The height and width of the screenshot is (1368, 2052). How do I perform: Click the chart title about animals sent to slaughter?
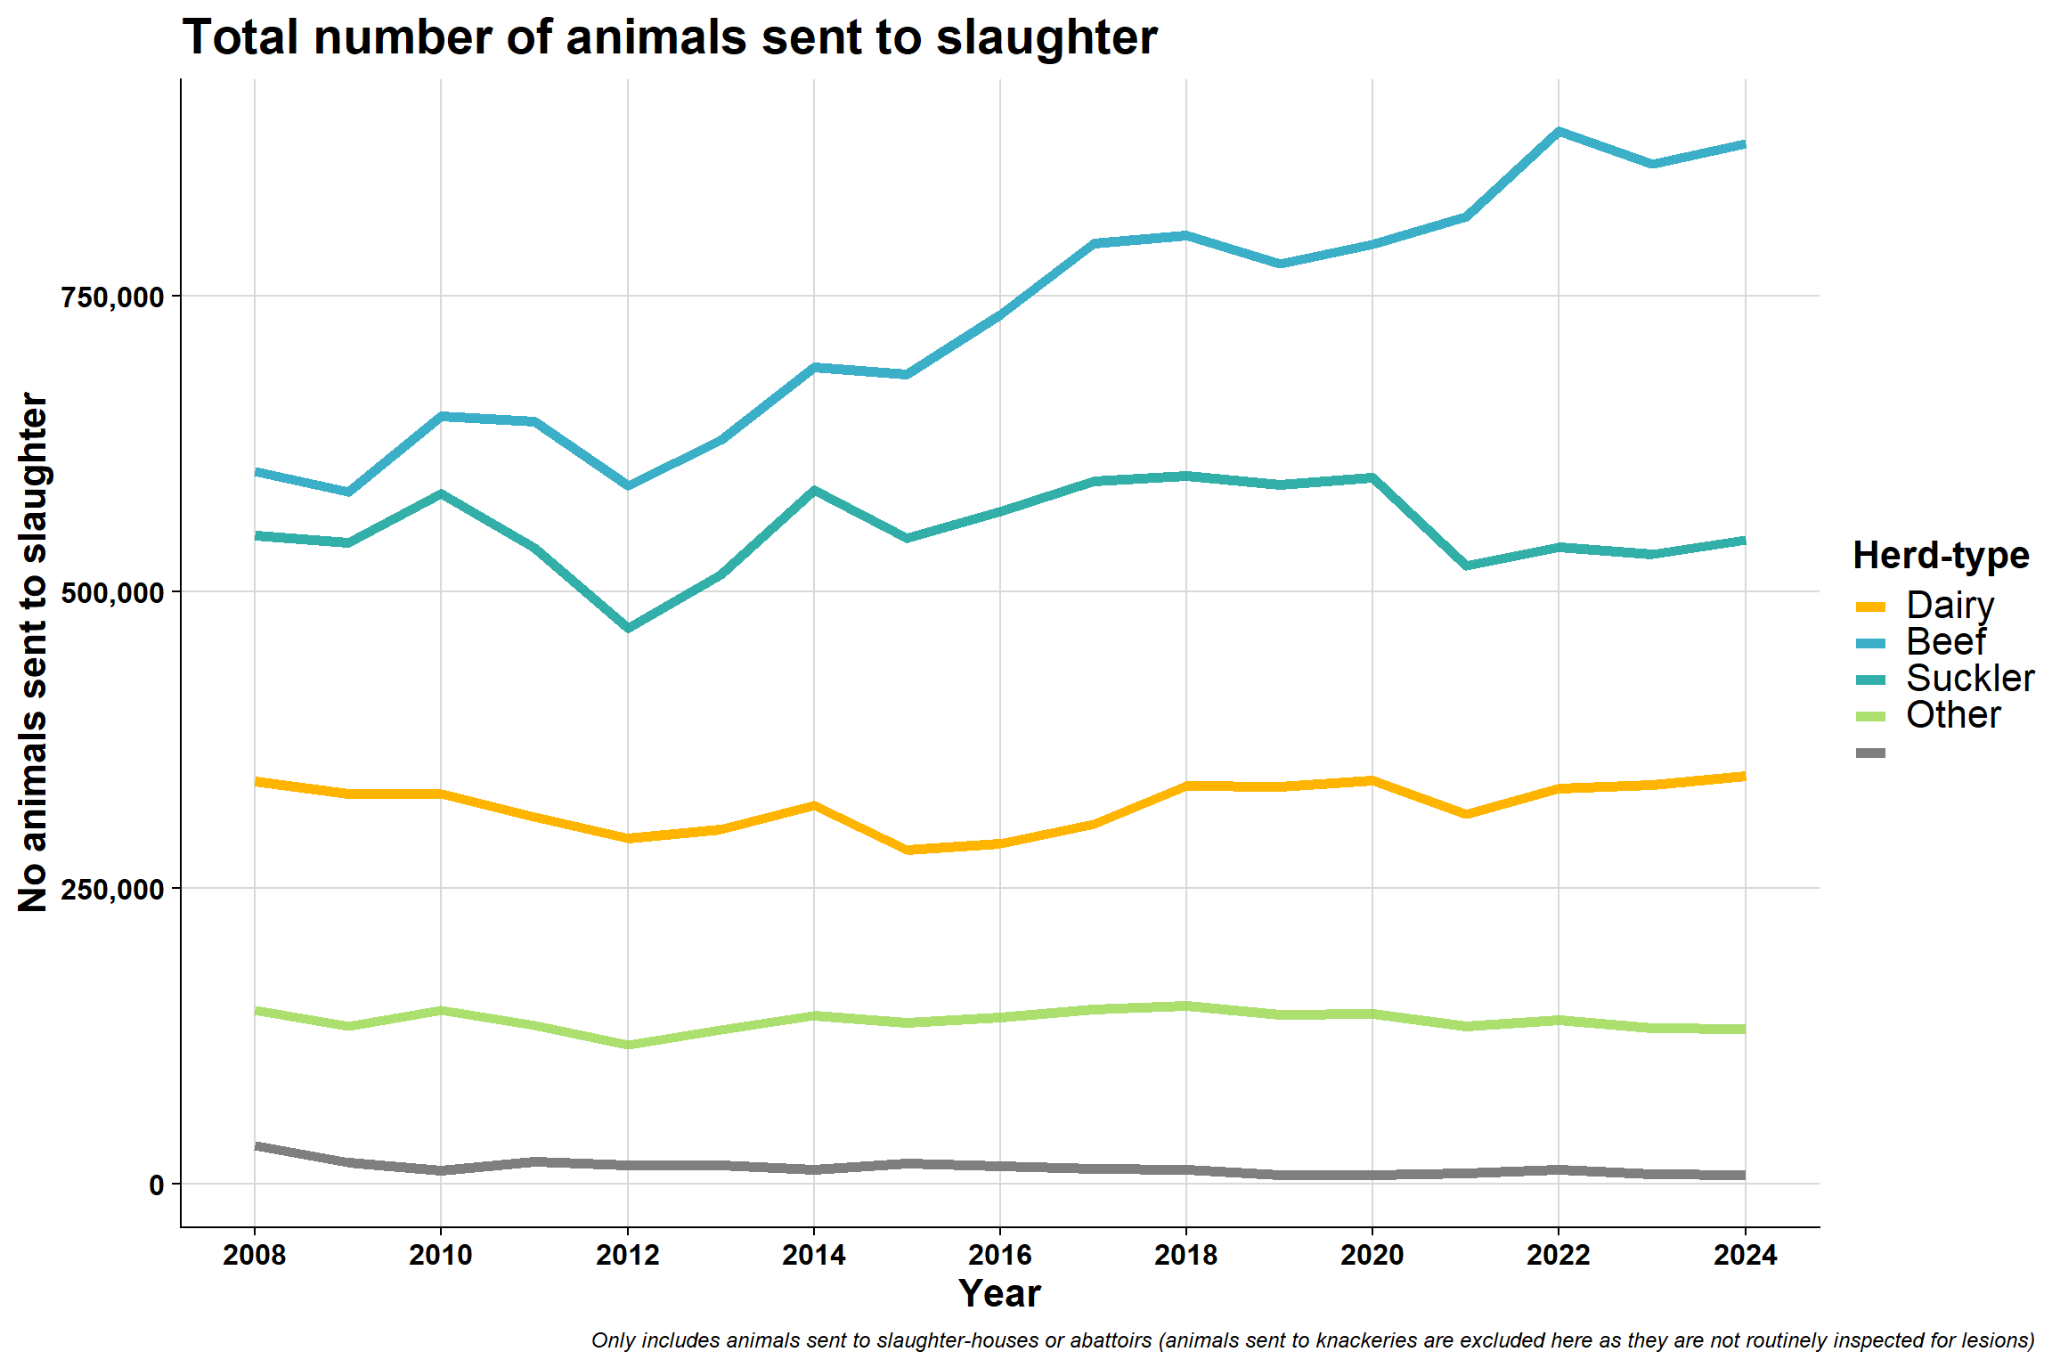point(670,37)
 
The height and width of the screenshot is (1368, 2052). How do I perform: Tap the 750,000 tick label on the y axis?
point(113,297)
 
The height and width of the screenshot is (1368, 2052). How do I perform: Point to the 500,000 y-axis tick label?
point(113,592)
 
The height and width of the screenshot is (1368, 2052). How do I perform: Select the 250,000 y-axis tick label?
point(113,889)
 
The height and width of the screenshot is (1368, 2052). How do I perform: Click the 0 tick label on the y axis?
point(157,1185)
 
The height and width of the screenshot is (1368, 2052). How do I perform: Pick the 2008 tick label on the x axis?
point(255,1255)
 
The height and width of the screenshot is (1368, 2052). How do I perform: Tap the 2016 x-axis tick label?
point(1000,1255)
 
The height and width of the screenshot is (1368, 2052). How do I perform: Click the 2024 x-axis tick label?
point(1746,1255)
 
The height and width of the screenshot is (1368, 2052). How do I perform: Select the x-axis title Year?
point(999,1294)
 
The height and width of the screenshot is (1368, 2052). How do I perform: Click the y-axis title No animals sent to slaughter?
point(33,652)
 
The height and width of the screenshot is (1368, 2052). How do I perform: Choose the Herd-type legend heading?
point(1942,555)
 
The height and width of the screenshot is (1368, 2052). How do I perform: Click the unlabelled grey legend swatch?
point(1871,753)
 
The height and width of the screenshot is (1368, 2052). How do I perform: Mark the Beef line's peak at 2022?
point(1559,132)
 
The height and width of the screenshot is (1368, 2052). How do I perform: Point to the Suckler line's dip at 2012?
point(628,628)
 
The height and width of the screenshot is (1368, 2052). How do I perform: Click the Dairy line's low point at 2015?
point(908,850)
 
